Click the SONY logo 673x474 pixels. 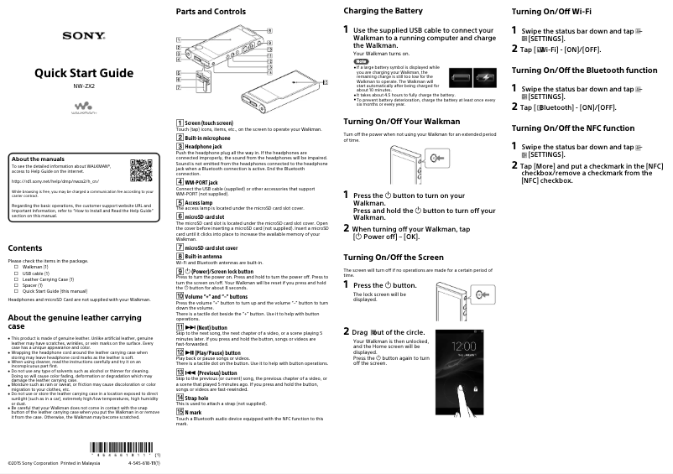click(83, 36)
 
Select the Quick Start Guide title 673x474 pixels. click(83, 73)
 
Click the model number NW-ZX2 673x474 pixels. click(83, 86)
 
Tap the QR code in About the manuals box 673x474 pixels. click(142, 171)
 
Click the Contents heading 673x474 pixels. click(24, 248)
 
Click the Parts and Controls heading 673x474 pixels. click(210, 12)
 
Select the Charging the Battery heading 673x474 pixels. click(383, 11)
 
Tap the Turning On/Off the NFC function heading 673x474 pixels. click(572, 128)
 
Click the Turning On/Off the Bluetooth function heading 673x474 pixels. click(584, 70)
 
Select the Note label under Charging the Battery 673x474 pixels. click(362, 62)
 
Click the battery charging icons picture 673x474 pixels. click(472, 78)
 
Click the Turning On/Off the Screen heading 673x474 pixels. click(394, 257)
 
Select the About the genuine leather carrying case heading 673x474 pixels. click(74, 323)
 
